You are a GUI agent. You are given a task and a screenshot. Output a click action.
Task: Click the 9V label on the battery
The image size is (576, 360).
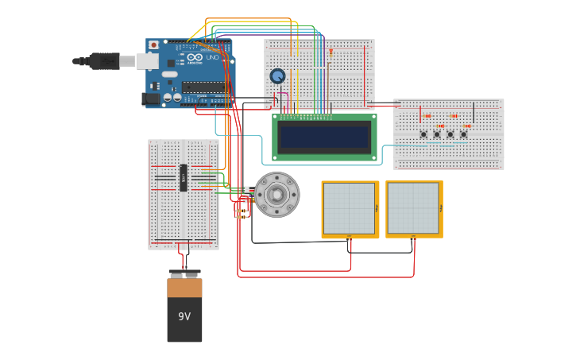tap(184, 316)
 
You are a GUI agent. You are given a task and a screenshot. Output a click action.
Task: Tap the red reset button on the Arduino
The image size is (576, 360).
tap(153, 45)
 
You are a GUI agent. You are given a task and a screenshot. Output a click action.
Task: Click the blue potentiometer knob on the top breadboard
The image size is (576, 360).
tap(277, 76)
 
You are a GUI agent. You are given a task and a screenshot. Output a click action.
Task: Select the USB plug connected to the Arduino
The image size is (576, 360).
tap(104, 61)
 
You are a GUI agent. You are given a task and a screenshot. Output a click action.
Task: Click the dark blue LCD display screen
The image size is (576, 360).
tap(325, 137)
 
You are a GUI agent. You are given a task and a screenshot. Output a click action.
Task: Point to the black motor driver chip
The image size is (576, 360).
tap(184, 178)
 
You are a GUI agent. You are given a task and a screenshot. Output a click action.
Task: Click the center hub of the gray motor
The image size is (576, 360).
tap(276, 195)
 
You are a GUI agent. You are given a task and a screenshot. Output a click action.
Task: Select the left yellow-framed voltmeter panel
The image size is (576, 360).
tap(350, 209)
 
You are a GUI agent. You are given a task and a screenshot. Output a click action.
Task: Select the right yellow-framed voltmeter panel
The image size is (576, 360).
tap(414, 209)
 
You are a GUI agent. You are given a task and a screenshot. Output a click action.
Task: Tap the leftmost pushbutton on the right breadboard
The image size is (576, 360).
tap(423, 134)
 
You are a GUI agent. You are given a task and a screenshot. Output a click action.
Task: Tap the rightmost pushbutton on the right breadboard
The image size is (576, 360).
tap(463, 134)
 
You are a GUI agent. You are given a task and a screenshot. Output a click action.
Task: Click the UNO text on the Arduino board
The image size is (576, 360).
tap(213, 57)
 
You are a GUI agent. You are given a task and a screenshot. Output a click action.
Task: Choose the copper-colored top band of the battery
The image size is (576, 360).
tap(184, 288)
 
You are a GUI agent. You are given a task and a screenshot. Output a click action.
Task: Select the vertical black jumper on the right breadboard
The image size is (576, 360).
tap(474, 112)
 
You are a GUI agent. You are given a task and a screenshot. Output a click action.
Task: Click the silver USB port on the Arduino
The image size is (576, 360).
tap(147, 61)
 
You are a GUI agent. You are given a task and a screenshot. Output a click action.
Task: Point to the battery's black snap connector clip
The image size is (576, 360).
tap(184, 273)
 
